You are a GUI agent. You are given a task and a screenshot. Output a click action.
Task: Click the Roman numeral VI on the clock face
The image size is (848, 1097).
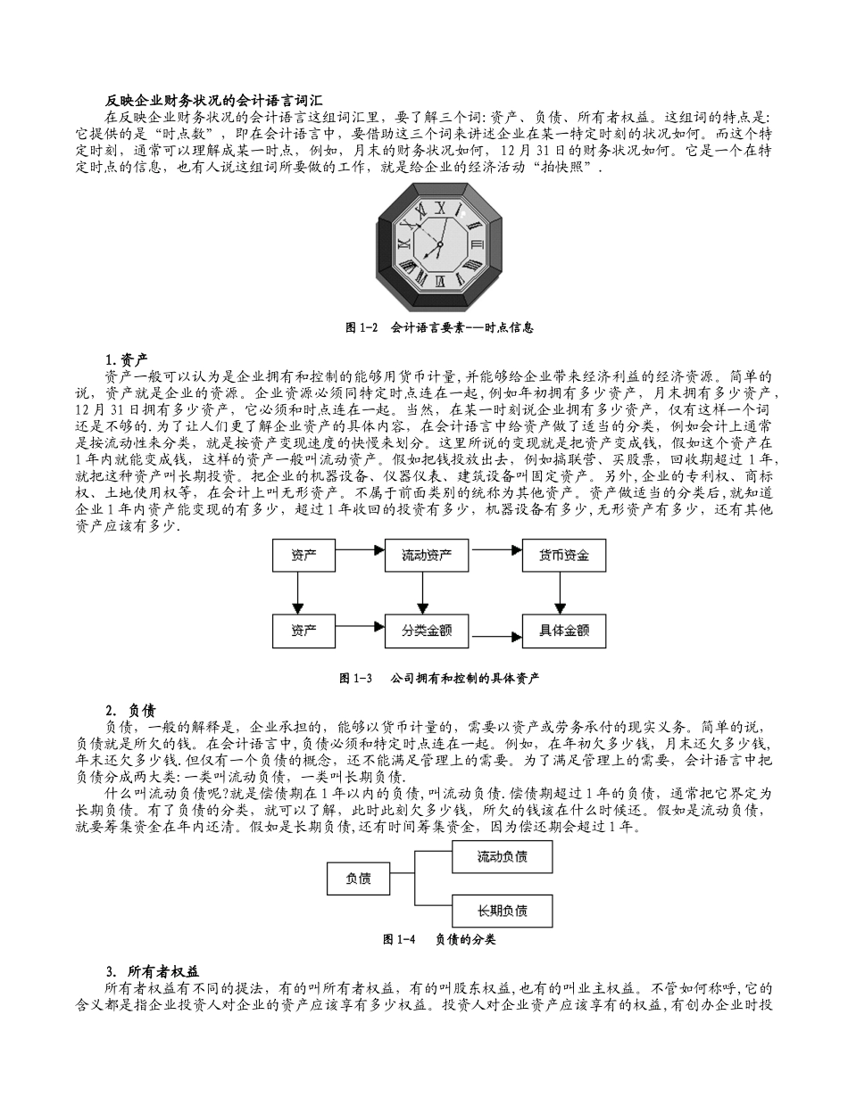[x=440, y=279]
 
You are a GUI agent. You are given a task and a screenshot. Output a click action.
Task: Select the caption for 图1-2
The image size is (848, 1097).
[x=439, y=327]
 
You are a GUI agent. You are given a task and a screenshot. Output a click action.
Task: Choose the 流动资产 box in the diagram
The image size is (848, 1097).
[x=427, y=556]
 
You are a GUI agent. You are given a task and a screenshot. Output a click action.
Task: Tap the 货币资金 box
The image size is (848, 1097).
[x=563, y=556]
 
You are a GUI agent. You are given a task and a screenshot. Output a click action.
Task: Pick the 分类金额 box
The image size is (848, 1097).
[x=427, y=631]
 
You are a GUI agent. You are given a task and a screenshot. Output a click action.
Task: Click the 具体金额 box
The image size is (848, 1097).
[x=563, y=631]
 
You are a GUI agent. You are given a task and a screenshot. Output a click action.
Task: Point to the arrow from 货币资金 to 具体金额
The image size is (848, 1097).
[x=561, y=592]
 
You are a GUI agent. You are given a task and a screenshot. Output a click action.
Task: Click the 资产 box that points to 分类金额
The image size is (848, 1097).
[x=303, y=631]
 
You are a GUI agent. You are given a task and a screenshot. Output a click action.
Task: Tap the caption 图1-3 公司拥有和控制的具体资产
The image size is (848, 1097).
[x=439, y=678]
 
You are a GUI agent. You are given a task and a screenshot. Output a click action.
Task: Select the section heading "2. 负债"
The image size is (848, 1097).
[x=130, y=711]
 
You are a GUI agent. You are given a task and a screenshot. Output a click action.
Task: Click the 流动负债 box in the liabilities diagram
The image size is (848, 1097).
[x=502, y=856]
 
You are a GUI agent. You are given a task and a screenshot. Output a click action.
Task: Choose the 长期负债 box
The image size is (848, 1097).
[x=502, y=911]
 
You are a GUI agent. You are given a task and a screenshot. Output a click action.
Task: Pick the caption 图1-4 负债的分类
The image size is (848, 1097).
[x=439, y=939]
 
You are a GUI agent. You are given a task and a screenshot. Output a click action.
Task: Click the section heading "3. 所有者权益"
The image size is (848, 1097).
[x=152, y=971]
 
